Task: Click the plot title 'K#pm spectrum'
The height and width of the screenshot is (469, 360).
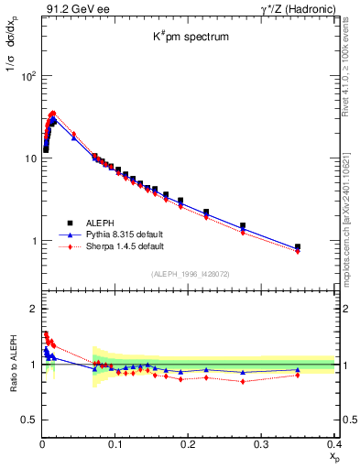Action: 190,38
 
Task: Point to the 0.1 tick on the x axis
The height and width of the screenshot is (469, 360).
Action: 115,445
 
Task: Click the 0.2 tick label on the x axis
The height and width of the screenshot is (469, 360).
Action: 189,445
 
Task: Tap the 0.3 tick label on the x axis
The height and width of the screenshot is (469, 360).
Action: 261,445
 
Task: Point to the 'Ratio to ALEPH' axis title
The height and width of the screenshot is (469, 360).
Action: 16,364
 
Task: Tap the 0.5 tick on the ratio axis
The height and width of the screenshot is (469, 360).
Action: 31,420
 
